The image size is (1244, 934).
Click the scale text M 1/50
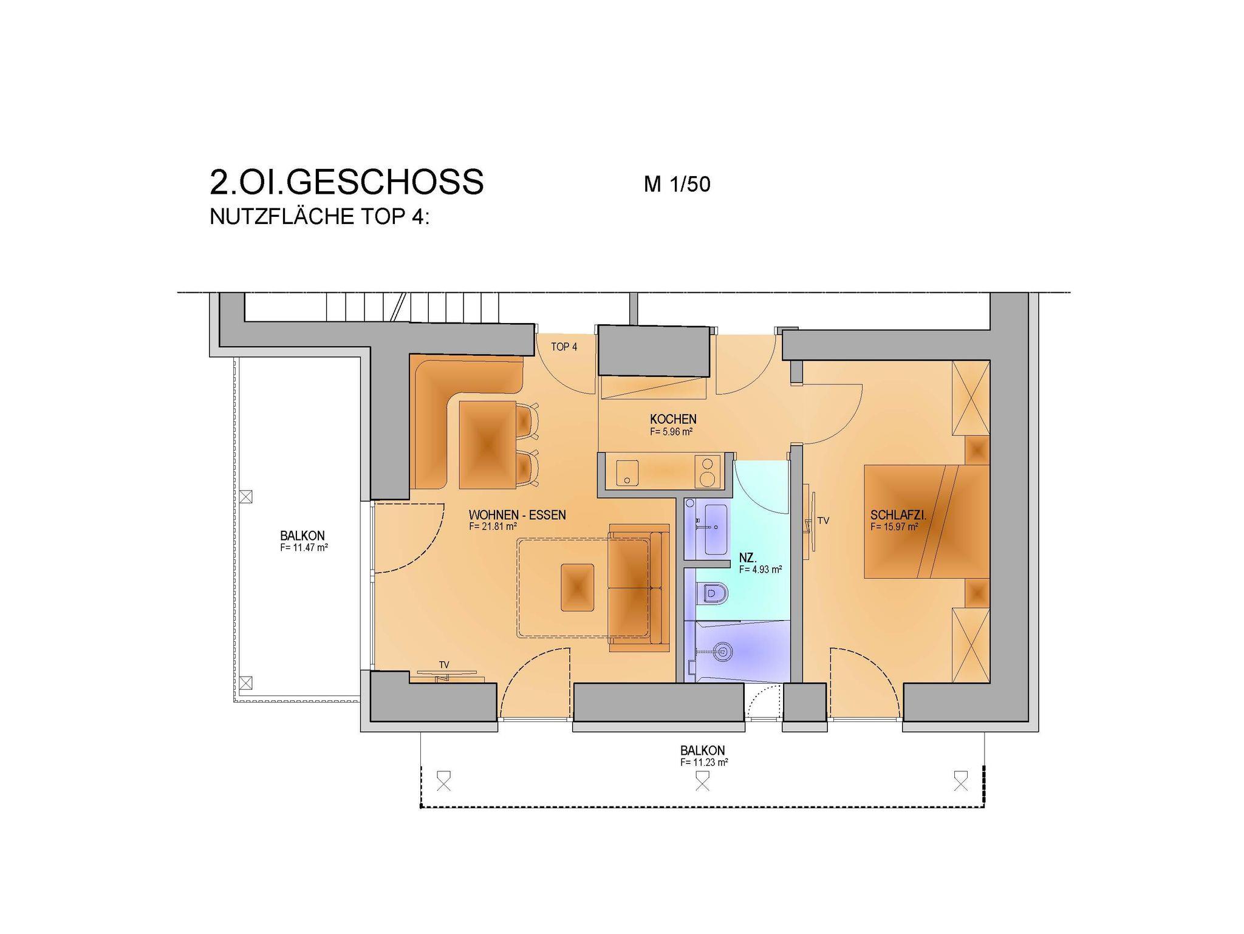click(x=677, y=184)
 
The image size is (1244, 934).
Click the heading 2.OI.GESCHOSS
click(x=347, y=182)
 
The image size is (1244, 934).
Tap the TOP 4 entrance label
click(x=564, y=347)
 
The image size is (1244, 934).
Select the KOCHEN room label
click(x=673, y=419)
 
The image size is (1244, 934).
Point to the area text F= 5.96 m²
click(x=671, y=432)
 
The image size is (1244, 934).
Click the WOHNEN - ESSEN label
click(x=518, y=515)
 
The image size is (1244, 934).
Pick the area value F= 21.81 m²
click(x=493, y=527)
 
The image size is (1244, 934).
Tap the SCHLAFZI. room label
click(x=898, y=516)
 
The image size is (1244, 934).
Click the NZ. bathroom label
click(x=748, y=557)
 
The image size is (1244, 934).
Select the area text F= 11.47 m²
click(x=304, y=547)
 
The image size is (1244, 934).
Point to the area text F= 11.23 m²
click(x=704, y=762)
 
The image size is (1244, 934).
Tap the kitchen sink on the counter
click(x=627, y=472)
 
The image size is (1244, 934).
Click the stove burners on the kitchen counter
click(x=706, y=472)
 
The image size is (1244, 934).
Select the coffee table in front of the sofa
click(x=577, y=587)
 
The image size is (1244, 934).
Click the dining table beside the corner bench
click(x=487, y=445)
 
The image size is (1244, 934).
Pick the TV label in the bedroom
click(x=823, y=520)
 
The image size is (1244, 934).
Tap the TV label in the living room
click(x=444, y=665)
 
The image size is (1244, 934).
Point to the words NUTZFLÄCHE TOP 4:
click(x=320, y=217)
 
